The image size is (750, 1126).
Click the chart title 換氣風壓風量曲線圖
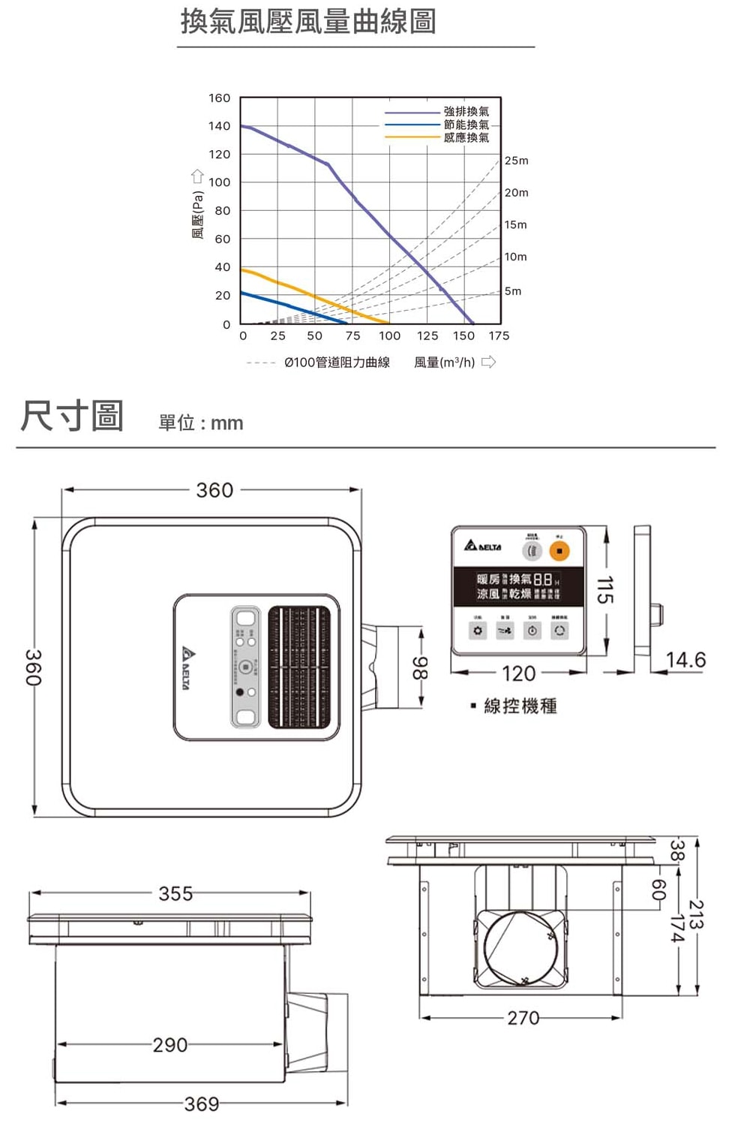coord(308,22)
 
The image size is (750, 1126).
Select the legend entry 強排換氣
coord(466,111)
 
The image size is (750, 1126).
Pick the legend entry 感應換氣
coord(466,137)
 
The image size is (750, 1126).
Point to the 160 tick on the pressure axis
coord(219,98)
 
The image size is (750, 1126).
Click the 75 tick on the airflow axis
coord(352,336)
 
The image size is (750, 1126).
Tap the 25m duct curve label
coord(516,161)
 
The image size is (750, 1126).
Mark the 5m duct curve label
coord(513,291)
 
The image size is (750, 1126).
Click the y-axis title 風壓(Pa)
coord(198,215)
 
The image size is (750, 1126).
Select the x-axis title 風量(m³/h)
coord(445,363)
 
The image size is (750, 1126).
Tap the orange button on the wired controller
coord(559,551)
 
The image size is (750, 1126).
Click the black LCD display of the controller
coord(517,586)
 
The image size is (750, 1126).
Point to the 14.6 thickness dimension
coord(685,660)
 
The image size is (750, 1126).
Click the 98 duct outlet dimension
coord(421,667)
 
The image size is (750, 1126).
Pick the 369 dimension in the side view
coord(202,1103)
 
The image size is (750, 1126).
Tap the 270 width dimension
coord(523,1018)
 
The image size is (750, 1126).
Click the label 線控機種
coord(520,706)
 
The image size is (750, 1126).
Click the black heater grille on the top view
coord(299,667)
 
